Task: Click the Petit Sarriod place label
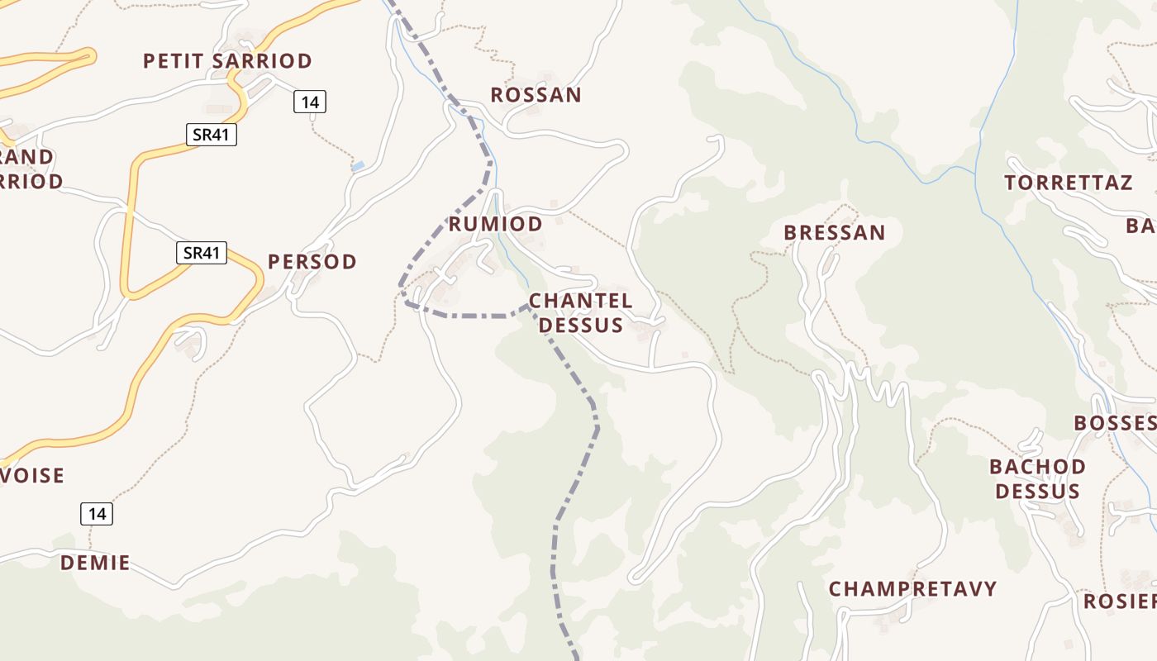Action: pos(227,61)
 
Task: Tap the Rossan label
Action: pos(536,95)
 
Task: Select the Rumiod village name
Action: pos(495,224)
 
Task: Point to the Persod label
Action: pos(312,262)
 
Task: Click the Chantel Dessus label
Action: pos(580,312)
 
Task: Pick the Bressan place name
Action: pos(834,233)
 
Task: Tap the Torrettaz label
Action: pos(1069,183)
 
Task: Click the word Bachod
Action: pos(1037,467)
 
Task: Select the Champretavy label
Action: pos(912,589)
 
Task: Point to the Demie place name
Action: pos(95,564)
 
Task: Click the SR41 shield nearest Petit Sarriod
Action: pos(211,135)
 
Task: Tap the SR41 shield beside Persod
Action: pos(202,253)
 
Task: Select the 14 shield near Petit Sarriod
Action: pos(310,102)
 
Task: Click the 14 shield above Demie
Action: pos(97,514)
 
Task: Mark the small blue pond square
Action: pos(358,166)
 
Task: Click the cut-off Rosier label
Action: pos(1119,602)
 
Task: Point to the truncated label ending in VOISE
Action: pos(33,476)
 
